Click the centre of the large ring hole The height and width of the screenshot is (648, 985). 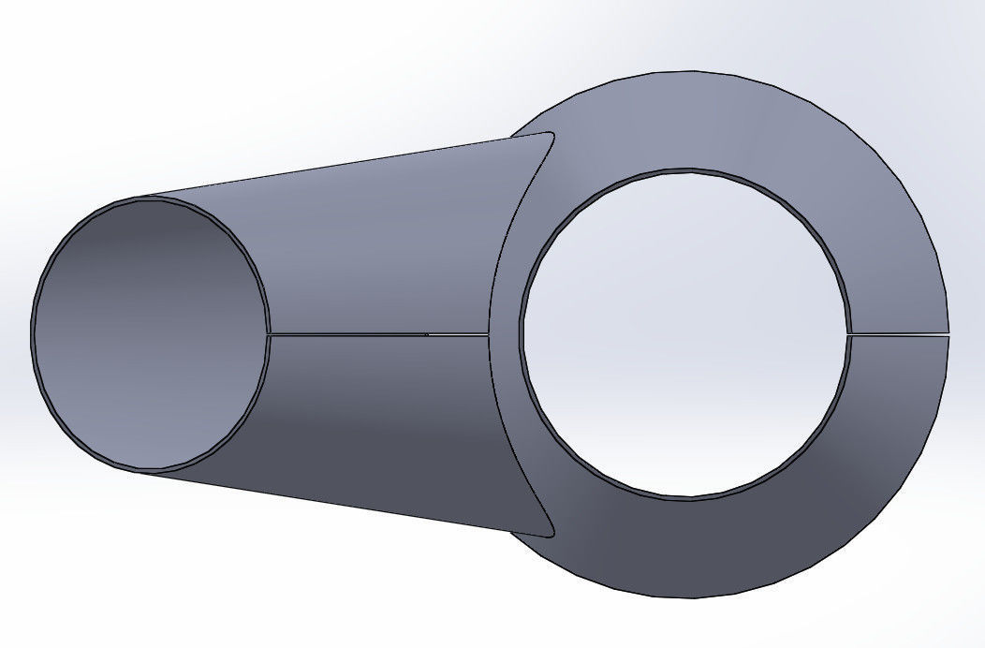tap(686, 334)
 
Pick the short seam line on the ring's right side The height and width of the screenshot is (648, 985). tap(898, 333)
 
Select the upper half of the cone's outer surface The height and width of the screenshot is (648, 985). tap(375, 243)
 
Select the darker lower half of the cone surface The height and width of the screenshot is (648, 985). tap(375, 421)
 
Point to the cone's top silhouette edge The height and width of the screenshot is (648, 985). tap(328, 166)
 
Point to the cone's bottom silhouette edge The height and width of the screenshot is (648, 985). tap(328, 503)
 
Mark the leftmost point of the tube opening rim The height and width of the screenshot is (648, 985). tap(32, 333)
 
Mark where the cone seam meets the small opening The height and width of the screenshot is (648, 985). tap(269, 333)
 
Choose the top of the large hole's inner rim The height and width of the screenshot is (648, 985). tap(686, 170)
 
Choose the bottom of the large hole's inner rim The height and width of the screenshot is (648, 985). tap(686, 498)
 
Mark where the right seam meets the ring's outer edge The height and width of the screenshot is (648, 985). tap(948, 333)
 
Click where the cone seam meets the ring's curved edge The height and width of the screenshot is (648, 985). tap(489, 333)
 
